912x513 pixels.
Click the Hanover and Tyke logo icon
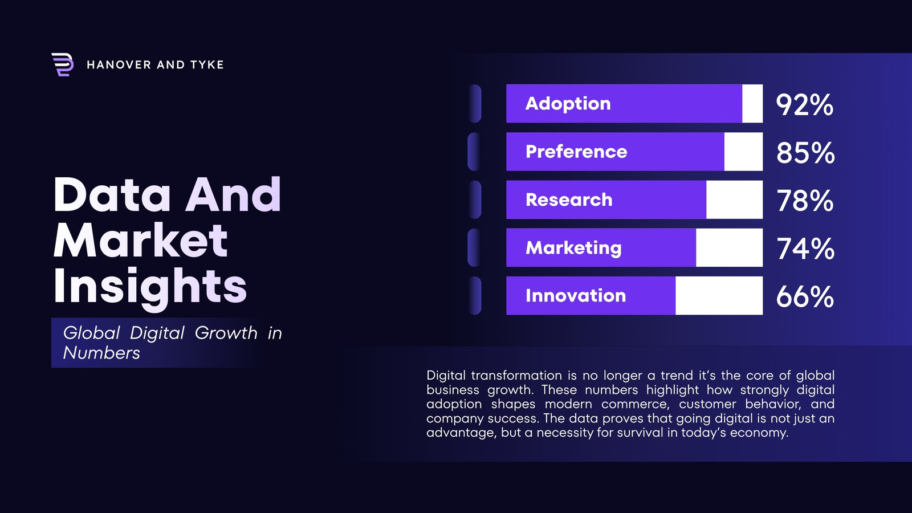click(x=62, y=65)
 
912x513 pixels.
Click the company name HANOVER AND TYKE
click(x=155, y=65)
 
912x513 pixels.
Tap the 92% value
click(x=804, y=105)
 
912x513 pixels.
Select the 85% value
click(x=805, y=153)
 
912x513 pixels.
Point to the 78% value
click(x=805, y=201)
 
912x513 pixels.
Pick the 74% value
click(x=805, y=249)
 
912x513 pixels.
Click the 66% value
click(x=805, y=297)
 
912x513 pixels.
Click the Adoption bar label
click(x=568, y=104)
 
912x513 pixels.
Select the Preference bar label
click(x=576, y=152)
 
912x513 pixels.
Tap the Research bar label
click(x=569, y=199)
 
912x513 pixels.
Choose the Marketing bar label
click(x=573, y=248)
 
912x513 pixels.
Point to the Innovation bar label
click(x=576, y=296)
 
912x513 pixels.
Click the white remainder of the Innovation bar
click(x=719, y=296)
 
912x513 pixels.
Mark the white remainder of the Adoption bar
click(x=752, y=103)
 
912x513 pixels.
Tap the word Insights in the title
click(x=150, y=287)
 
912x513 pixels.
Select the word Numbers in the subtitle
click(x=101, y=353)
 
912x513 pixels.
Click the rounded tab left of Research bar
click(x=475, y=199)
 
